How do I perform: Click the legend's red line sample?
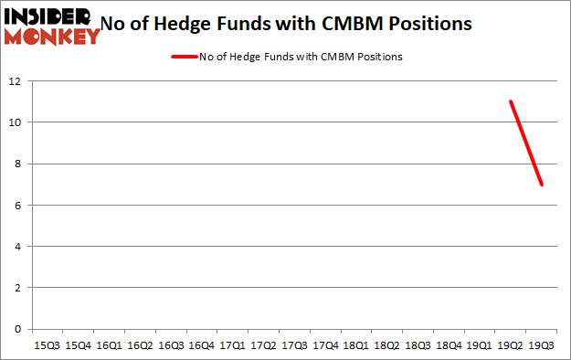pyautogui.click(x=183, y=57)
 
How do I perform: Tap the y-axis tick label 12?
pyautogui.click(x=15, y=81)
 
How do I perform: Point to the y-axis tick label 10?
pyautogui.click(x=15, y=122)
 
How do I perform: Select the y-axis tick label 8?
pyautogui.click(x=17, y=164)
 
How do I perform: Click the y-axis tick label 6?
pyautogui.click(x=17, y=206)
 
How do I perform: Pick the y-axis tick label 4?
pyautogui.click(x=17, y=247)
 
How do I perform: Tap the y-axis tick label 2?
pyautogui.click(x=17, y=288)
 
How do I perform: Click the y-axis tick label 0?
pyautogui.click(x=17, y=329)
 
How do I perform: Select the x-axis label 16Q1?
pyautogui.click(x=109, y=346)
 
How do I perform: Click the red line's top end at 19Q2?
pyautogui.click(x=511, y=101)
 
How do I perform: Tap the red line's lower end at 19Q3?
pyautogui.click(x=542, y=185)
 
